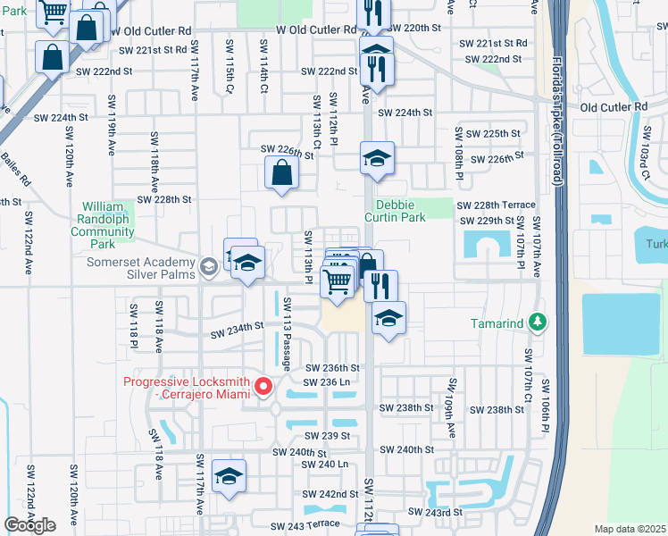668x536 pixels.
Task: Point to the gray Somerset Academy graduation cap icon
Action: (208, 266)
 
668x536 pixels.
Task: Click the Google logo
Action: (29, 525)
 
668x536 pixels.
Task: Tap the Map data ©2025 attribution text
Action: (630, 529)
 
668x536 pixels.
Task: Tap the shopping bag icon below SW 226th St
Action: (281, 173)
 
